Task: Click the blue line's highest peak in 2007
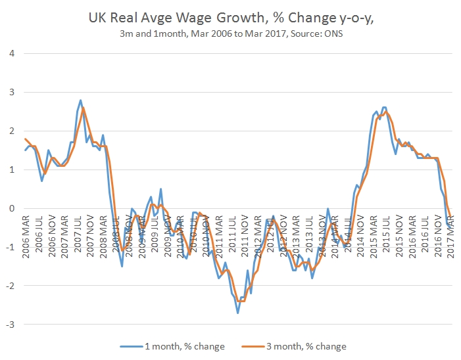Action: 80,101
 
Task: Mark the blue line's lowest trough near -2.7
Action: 237,313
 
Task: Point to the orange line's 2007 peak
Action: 84,107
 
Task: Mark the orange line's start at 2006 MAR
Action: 25,139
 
